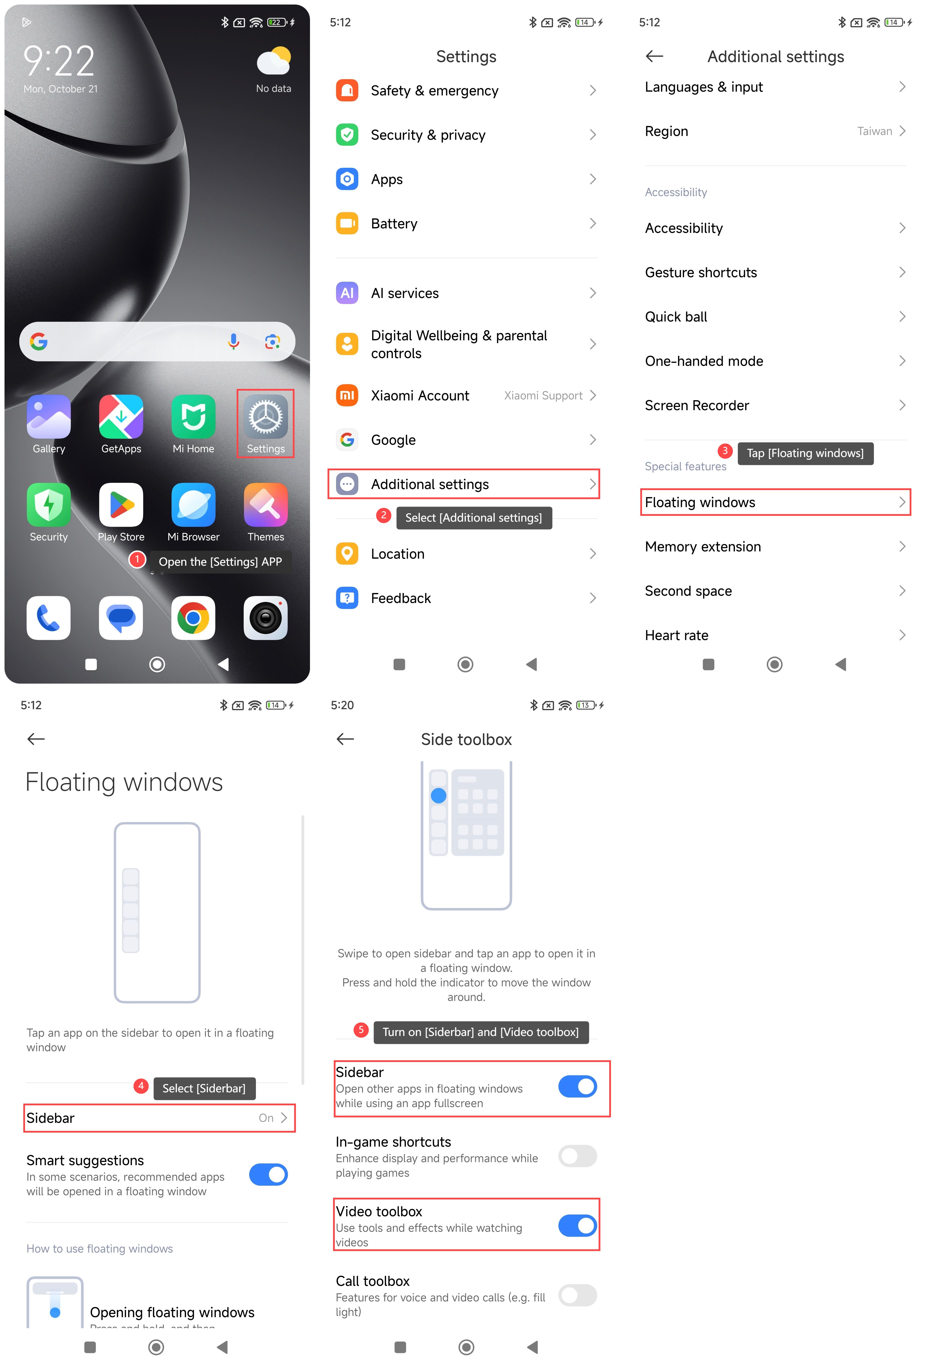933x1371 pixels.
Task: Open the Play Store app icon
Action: (x=121, y=505)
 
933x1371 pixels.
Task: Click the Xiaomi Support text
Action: (x=543, y=396)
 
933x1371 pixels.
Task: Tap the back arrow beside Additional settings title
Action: (x=655, y=57)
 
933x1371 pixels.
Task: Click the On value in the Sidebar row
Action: (x=266, y=1118)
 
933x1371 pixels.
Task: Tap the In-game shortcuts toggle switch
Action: (x=577, y=1156)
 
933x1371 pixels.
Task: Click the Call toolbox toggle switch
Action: (x=577, y=1295)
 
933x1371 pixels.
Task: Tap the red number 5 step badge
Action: (x=361, y=1030)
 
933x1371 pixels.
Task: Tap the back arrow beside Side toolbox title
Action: (x=345, y=739)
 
